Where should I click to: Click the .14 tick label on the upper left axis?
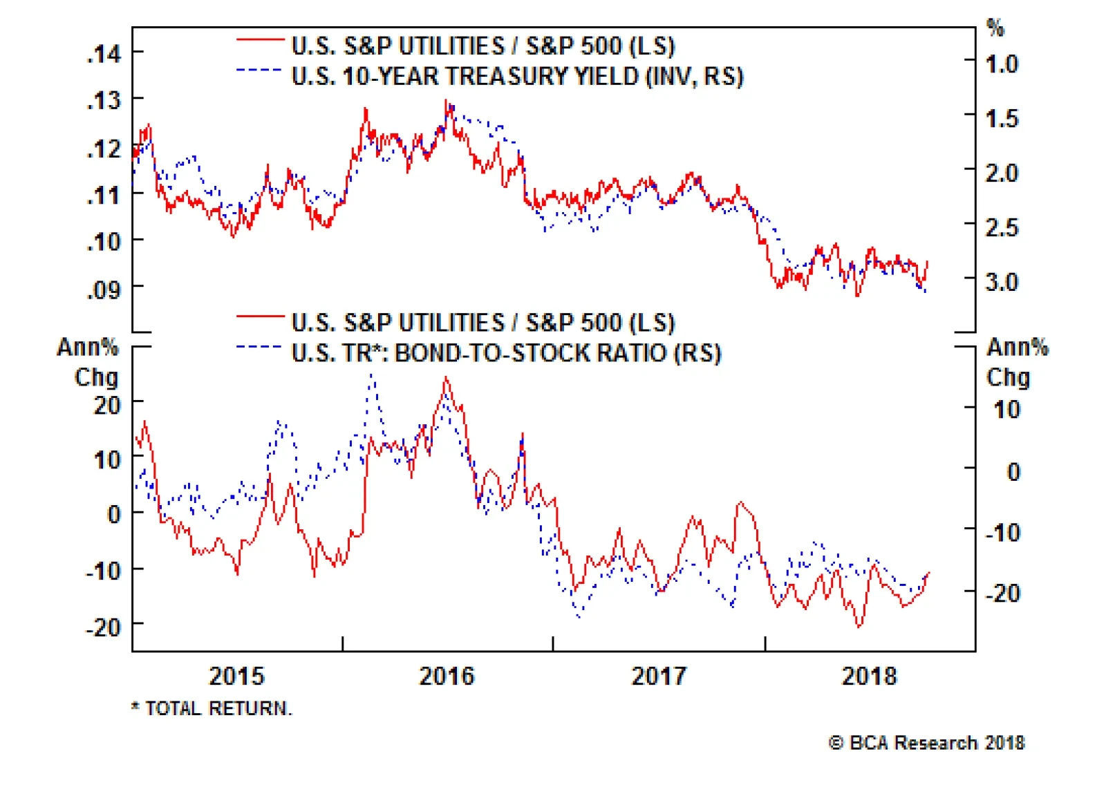pyautogui.click(x=104, y=53)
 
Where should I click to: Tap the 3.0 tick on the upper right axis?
pyautogui.click(x=1002, y=282)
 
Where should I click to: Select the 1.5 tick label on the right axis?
pyautogui.click(x=1002, y=119)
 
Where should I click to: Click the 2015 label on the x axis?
pyautogui.click(x=236, y=676)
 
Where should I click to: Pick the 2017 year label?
pyautogui.click(x=659, y=676)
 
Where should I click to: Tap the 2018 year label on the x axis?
pyautogui.click(x=869, y=676)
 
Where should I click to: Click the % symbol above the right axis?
pyautogui.click(x=995, y=28)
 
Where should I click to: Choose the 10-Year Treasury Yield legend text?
pyautogui.click(x=517, y=76)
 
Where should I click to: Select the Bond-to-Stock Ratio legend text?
pyautogui.click(x=506, y=353)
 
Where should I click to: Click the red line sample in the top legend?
pyautogui.click(x=260, y=40)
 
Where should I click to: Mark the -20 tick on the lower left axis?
pyautogui.click(x=103, y=627)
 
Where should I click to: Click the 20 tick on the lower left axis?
pyautogui.click(x=108, y=405)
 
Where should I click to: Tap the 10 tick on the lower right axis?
pyautogui.click(x=1006, y=410)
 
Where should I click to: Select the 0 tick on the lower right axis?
pyautogui.click(x=1013, y=472)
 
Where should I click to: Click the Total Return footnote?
pyautogui.click(x=212, y=708)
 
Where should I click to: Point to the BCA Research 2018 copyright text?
pyautogui.click(x=926, y=743)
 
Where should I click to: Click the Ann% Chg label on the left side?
pyautogui.click(x=88, y=361)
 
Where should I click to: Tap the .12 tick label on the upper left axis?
pyautogui.click(x=104, y=148)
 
